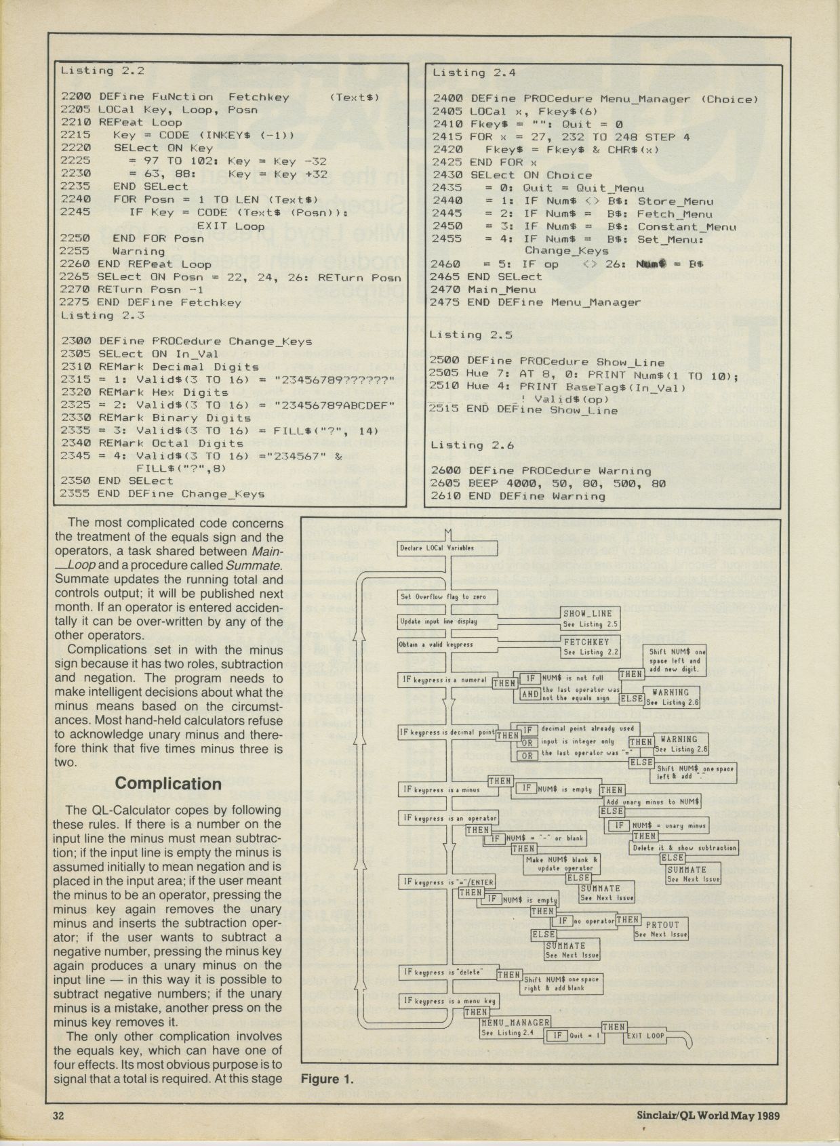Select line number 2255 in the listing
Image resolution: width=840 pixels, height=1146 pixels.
(75, 251)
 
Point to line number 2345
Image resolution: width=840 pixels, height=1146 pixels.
(75, 456)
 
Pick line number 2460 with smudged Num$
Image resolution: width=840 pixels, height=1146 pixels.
(446, 264)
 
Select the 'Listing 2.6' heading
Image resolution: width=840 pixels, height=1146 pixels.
(473, 445)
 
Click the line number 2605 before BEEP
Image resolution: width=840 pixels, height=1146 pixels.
(446, 483)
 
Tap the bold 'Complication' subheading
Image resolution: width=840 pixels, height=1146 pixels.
(168, 783)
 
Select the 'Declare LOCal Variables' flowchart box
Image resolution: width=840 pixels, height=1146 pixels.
(447, 548)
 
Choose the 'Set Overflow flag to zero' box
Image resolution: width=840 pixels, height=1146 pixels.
(447, 597)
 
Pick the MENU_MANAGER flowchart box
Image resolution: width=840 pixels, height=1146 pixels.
(515, 1027)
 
